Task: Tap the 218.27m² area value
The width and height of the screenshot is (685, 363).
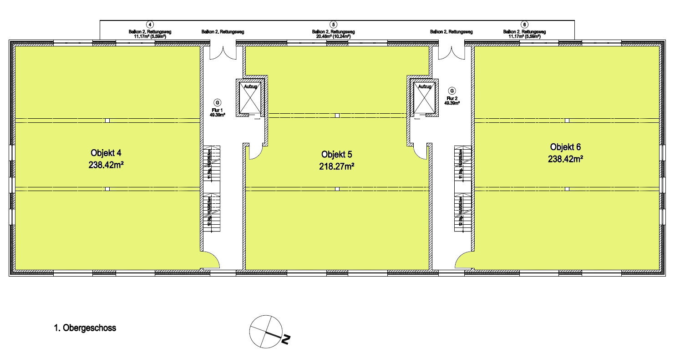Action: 337,167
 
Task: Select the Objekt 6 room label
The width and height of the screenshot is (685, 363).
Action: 566,147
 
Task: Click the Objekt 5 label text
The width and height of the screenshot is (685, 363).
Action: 337,154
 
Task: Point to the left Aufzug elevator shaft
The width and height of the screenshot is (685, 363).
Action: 249,97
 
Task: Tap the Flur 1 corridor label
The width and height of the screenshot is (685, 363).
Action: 217,110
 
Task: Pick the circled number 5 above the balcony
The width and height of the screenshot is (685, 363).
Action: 334,24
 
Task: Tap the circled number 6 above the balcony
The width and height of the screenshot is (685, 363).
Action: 525,24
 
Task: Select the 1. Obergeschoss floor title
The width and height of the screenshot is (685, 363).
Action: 85,328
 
